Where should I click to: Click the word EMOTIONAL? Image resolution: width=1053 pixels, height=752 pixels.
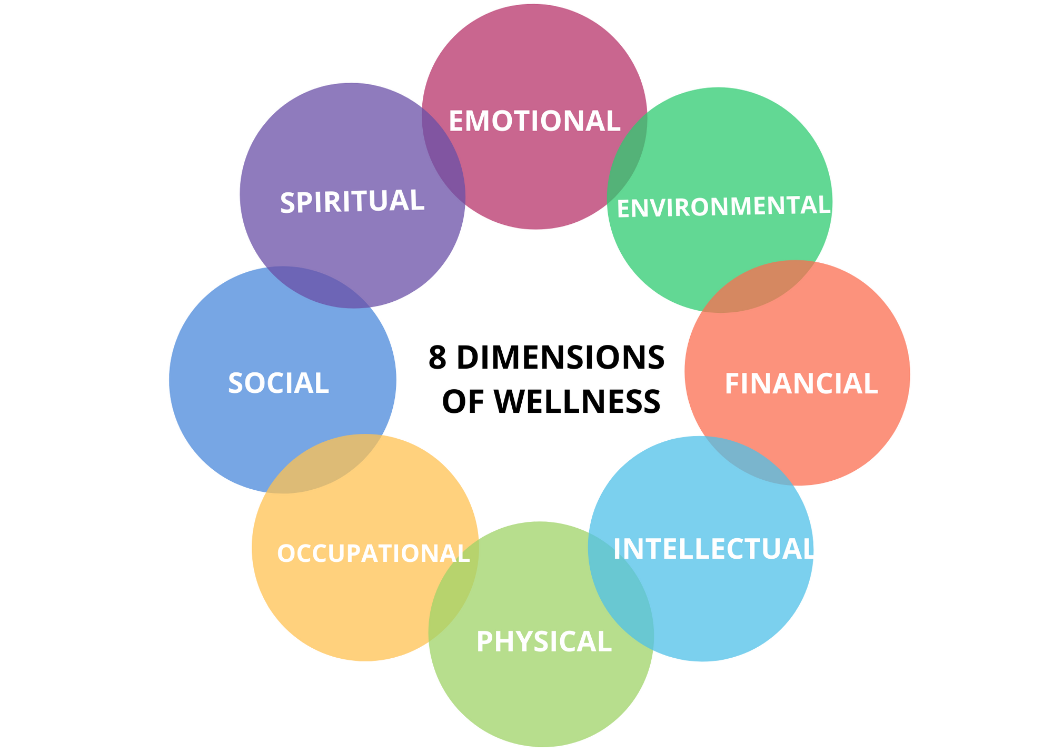534,121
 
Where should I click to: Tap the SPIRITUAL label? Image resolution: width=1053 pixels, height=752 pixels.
352,202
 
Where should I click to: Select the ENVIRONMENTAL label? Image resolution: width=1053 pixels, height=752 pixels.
723,206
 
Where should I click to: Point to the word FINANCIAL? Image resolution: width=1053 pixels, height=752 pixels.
801,384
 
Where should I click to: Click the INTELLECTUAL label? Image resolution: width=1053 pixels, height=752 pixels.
713,549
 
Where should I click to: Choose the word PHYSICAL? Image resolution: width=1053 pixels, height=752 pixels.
543,642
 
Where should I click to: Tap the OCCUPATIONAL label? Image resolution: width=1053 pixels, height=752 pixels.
373,553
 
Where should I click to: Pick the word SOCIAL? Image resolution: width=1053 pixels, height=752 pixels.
278,383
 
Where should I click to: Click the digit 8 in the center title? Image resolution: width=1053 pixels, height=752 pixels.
438,358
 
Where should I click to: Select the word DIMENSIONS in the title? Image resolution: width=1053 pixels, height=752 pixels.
560,358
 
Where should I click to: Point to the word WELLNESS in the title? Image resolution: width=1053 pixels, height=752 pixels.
577,401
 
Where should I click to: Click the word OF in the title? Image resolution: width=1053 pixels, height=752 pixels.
463,401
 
